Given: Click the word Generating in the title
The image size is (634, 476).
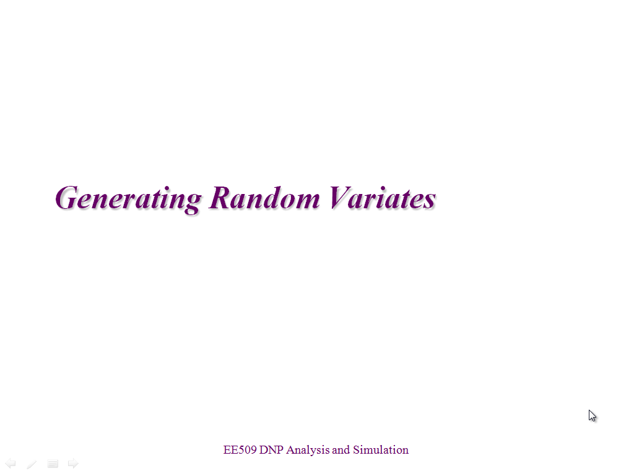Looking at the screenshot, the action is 128,199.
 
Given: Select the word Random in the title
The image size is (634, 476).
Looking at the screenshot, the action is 264,198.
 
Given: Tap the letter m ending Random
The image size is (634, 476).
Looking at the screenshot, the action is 306,201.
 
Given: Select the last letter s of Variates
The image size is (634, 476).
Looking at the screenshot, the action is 430,201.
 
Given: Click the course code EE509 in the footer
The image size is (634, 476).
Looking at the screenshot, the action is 240,450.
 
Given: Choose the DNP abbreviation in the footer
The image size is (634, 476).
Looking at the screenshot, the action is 271,450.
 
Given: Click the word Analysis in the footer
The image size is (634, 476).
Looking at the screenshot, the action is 308,451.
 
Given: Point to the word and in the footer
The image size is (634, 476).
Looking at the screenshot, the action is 341,450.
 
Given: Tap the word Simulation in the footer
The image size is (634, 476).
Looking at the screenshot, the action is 381,450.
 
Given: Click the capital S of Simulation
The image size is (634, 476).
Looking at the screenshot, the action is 356,450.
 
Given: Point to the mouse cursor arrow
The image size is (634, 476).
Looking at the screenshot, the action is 592,416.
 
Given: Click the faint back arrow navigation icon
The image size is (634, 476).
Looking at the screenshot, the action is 11,464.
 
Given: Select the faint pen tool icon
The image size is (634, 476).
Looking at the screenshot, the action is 32,464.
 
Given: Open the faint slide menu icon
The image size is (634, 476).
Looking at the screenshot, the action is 53,464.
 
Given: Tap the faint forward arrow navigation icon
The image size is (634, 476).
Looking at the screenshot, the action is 73,464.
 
